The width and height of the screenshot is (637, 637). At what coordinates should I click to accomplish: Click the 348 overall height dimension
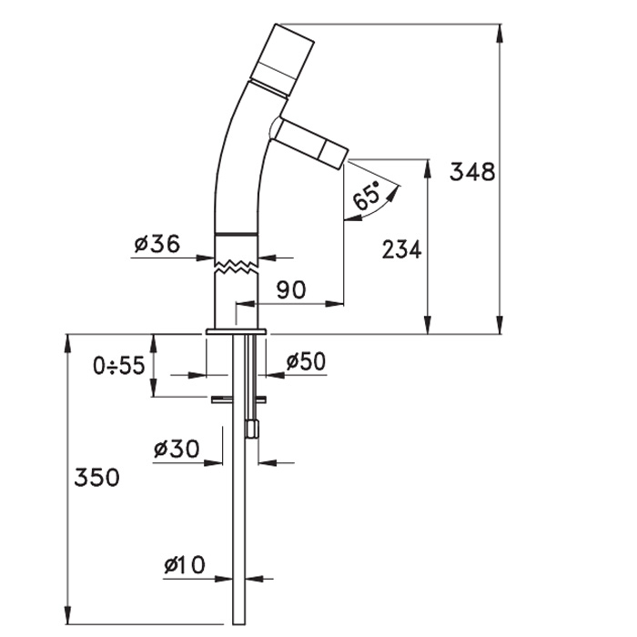pyautogui.click(x=472, y=171)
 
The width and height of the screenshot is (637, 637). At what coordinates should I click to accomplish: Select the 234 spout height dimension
pyautogui.click(x=402, y=249)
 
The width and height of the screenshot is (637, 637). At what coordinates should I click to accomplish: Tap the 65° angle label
pyautogui.click(x=366, y=195)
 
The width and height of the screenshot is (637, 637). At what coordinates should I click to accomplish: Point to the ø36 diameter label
pyautogui.click(x=157, y=244)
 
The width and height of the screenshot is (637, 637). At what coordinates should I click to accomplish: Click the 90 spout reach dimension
pyautogui.click(x=291, y=289)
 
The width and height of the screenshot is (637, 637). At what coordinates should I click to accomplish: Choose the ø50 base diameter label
pyautogui.click(x=306, y=361)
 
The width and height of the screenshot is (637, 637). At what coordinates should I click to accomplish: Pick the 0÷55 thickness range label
pyautogui.click(x=118, y=365)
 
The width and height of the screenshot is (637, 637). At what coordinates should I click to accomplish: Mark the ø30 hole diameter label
pyautogui.click(x=177, y=449)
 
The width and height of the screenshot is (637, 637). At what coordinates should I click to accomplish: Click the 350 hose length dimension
pyautogui.click(x=96, y=477)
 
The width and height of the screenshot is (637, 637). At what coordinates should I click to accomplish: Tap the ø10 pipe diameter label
pyautogui.click(x=185, y=565)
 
